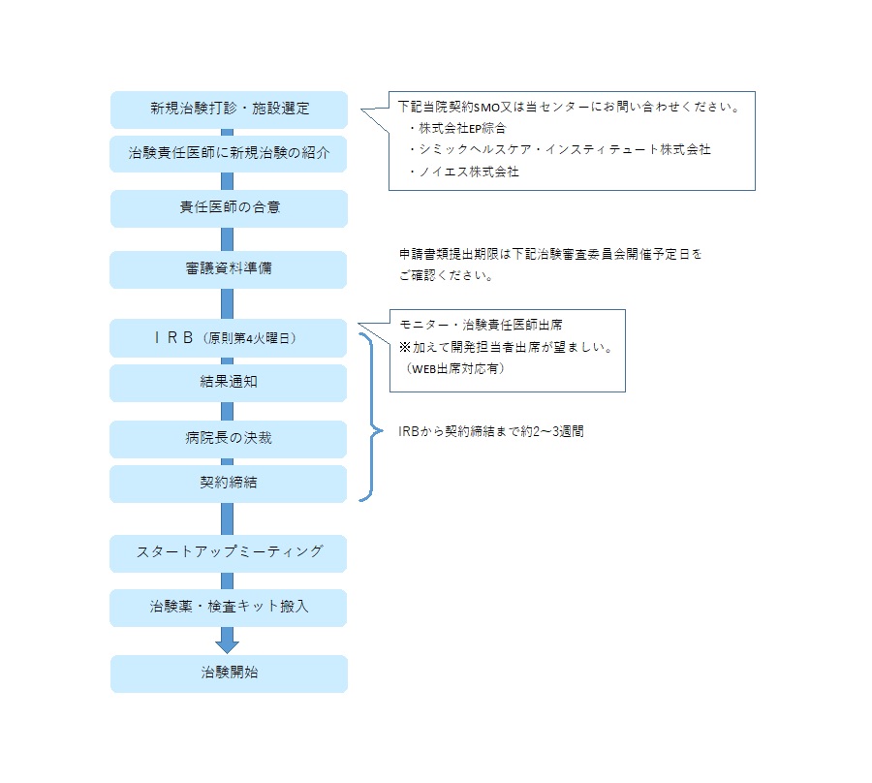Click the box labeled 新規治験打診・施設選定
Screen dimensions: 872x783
[229, 110]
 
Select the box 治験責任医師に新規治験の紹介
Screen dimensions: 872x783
[229, 153]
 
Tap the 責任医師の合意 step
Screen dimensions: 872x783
[229, 208]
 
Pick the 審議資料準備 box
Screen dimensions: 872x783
[229, 269]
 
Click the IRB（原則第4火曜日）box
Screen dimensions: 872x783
[229, 338]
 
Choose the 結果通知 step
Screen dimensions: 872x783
[229, 383]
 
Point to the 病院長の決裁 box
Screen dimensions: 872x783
[229, 439]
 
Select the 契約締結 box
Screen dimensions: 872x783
[229, 484]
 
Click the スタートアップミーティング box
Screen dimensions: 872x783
[229, 553]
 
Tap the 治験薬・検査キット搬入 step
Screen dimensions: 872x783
[229, 608]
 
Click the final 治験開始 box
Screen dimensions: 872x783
[229, 673]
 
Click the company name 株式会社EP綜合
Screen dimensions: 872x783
[462, 129]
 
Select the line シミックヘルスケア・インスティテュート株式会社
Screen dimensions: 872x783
[565, 149]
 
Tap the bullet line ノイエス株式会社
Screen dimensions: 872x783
[469, 172]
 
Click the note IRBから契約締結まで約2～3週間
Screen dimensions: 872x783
[491, 431]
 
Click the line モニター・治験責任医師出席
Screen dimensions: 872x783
[481, 325]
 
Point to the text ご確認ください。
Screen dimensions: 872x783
[446, 275]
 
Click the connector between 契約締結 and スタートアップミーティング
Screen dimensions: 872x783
[227, 518]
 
